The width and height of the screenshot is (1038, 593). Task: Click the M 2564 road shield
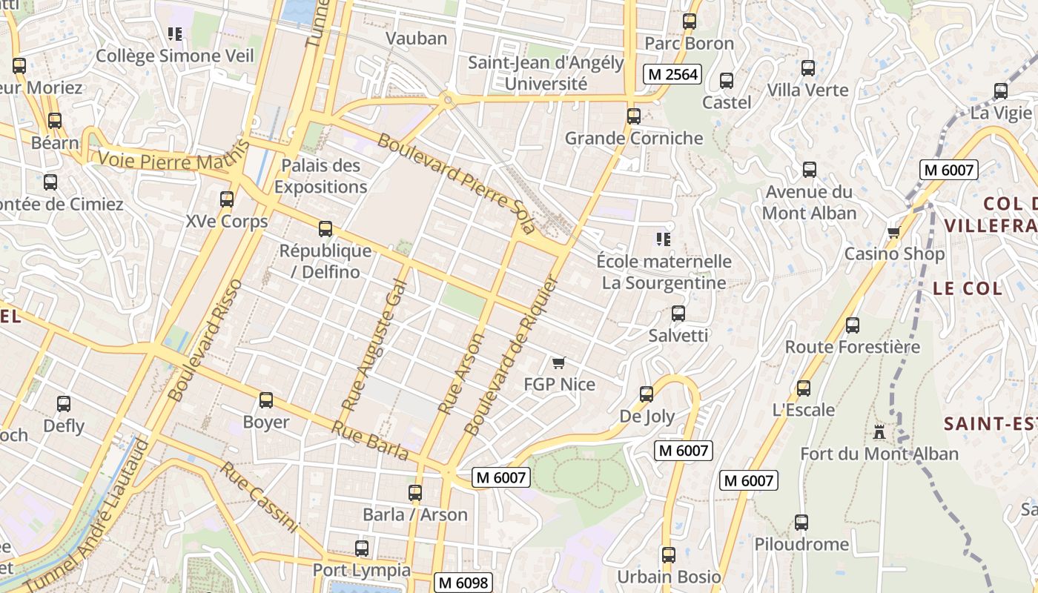click(x=672, y=73)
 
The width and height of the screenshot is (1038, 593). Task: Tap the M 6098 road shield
click(x=463, y=583)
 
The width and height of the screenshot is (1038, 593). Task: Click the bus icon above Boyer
click(x=266, y=400)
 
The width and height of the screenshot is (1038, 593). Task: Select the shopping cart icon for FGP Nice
click(x=559, y=362)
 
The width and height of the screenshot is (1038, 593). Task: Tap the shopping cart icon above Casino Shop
click(x=894, y=232)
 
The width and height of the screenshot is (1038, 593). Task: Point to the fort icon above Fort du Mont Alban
click(x=879, y=431)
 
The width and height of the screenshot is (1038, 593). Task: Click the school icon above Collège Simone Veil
click(x=175, y=33)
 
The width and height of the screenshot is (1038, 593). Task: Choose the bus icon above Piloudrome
click(x=801, y=522)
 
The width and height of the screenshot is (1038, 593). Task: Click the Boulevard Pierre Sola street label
click(x=457, y=183)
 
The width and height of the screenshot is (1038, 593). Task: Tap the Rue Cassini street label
click(x=259, y=497)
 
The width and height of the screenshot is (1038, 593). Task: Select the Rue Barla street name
click(x=370, y=440)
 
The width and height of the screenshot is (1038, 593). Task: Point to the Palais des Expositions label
click(x=320, y=176)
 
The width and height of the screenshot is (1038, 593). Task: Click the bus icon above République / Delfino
click(x=325, y=229)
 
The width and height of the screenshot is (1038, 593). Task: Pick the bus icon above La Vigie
click(x=1001, y=91)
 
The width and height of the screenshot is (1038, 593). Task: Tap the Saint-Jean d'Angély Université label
click(x=546, y=73)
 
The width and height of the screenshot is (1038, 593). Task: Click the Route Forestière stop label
click(x=852, y=346)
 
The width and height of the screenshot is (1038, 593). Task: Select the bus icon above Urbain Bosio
click(x=669, y=554)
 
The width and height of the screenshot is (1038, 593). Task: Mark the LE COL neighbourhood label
click(x=968, y=288)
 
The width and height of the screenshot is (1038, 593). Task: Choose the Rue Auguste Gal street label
click(x=375, y=345)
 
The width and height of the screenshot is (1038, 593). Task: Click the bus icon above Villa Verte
click(x=808, y=68)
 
